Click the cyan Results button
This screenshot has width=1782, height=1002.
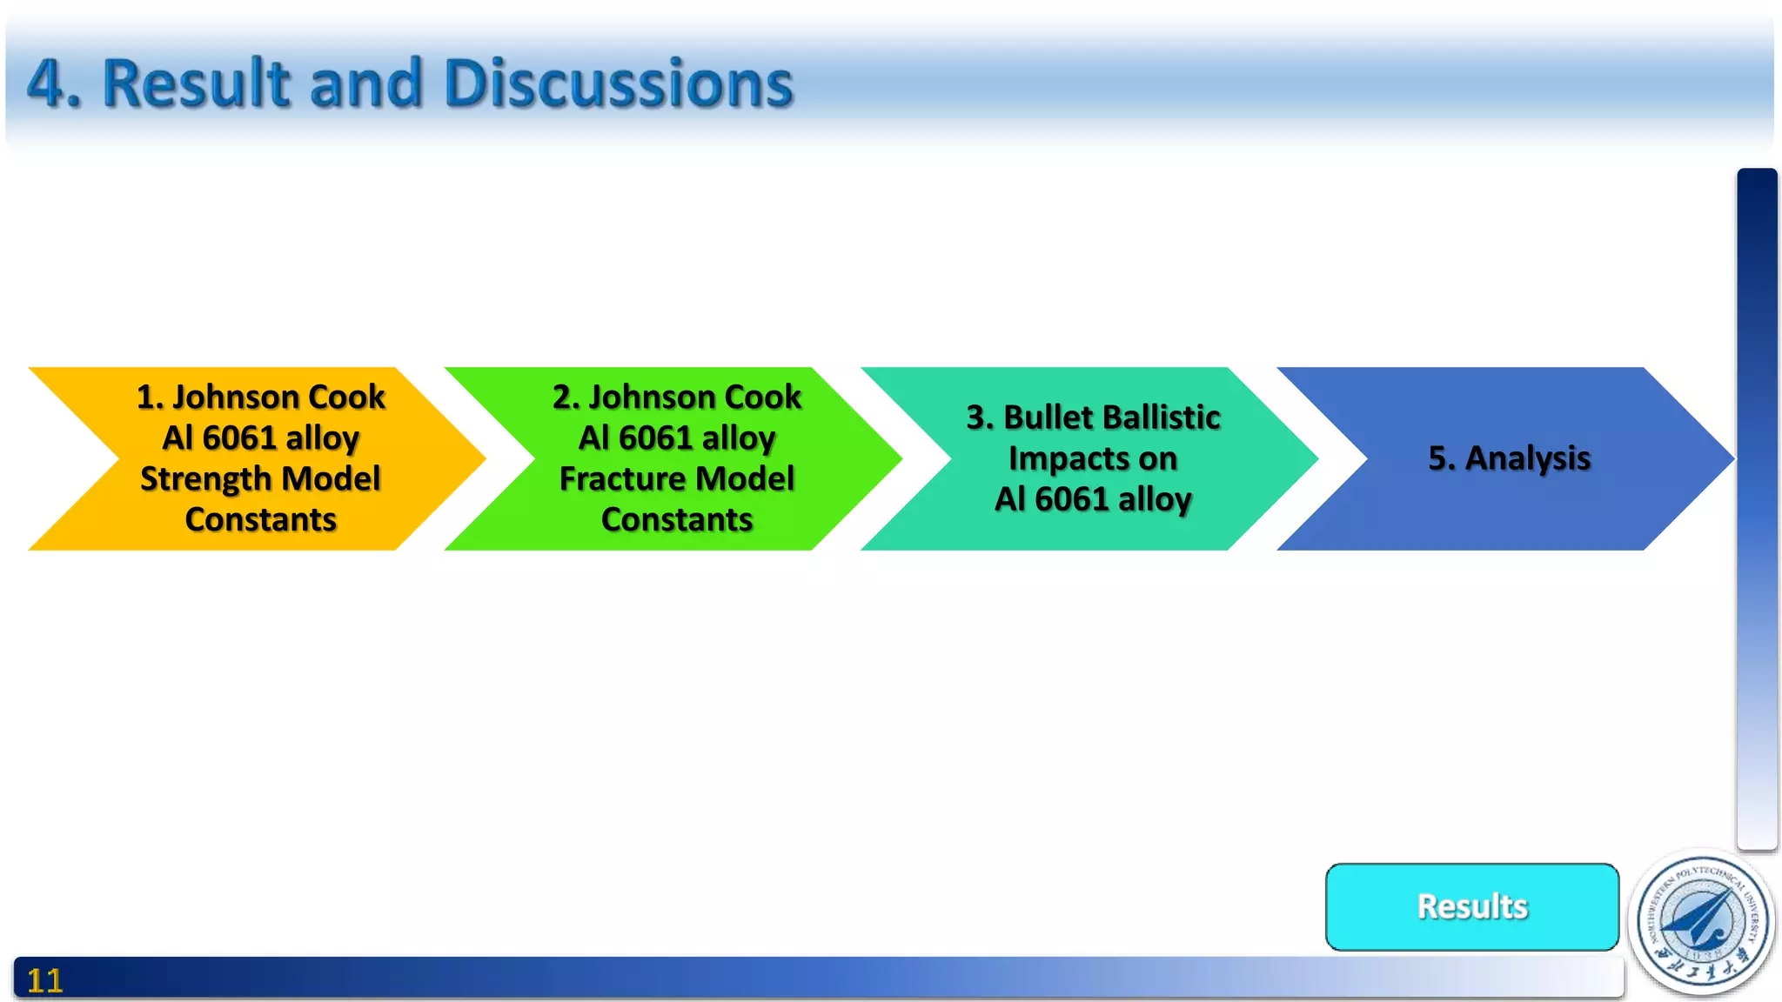point(1471,906)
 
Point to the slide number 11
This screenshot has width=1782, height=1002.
point(44,981)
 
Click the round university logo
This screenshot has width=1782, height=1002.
point(1702,922)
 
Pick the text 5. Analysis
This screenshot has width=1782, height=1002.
point(1509,458)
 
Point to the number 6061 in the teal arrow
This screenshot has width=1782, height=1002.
point(1071,499)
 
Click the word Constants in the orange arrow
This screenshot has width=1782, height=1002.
point(260,520)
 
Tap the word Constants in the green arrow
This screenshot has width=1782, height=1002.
point(677,520)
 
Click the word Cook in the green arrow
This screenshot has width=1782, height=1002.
point(763,397)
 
